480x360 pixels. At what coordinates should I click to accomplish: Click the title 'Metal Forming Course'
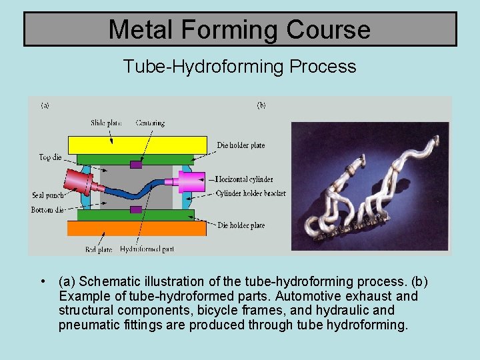tap(239, 29)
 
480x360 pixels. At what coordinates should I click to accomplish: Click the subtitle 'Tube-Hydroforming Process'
tap(239, 67)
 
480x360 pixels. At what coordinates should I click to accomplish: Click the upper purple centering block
tap(136, 165)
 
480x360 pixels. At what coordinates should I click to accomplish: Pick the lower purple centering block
tap(136, 209)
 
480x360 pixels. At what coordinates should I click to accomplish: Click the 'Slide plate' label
tap(106, 123)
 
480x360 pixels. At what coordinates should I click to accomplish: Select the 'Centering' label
tap(150, 123)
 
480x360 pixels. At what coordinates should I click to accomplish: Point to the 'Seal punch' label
tap(47, 195)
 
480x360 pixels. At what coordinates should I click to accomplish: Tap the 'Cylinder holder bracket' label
tap(251, 193)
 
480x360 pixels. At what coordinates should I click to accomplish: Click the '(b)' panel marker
tap(261, 105)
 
